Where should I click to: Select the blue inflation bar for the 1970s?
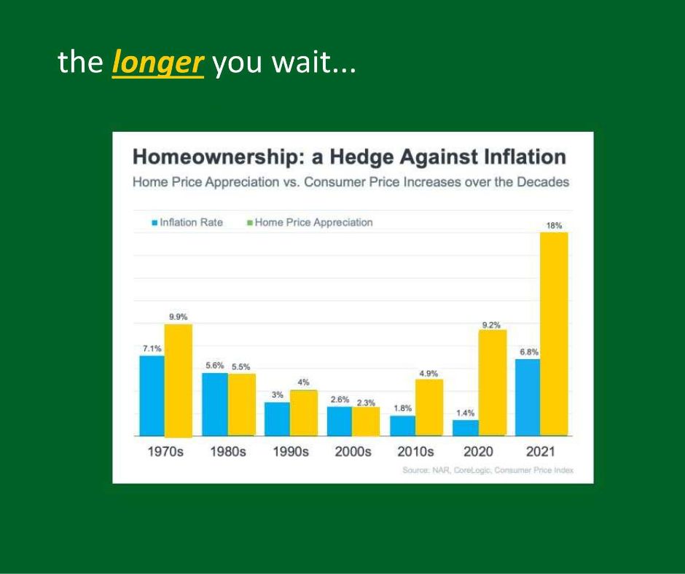coord(152,396)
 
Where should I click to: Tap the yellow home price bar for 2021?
coord(554,334)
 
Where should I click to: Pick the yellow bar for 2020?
coord(493,382)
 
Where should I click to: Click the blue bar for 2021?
coord(528,398)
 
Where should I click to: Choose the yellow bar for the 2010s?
coord(429,408)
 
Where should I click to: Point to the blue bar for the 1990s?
coord(278,419)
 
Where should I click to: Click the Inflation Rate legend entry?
coord(187,222)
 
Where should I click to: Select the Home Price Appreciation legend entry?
coord(310,222)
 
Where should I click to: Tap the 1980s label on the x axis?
coord(228,451)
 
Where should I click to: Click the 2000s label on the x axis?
coord(353,451)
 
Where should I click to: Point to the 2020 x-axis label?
coord(478,451)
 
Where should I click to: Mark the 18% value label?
coord(554,225)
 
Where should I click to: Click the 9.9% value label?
coord(179,317)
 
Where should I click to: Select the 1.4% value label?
coord(465,413)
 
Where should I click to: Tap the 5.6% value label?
coord(215,365)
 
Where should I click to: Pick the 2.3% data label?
coord(366,403)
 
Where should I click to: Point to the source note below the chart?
coord(488,470)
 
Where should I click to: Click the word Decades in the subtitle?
coord(543,181)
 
